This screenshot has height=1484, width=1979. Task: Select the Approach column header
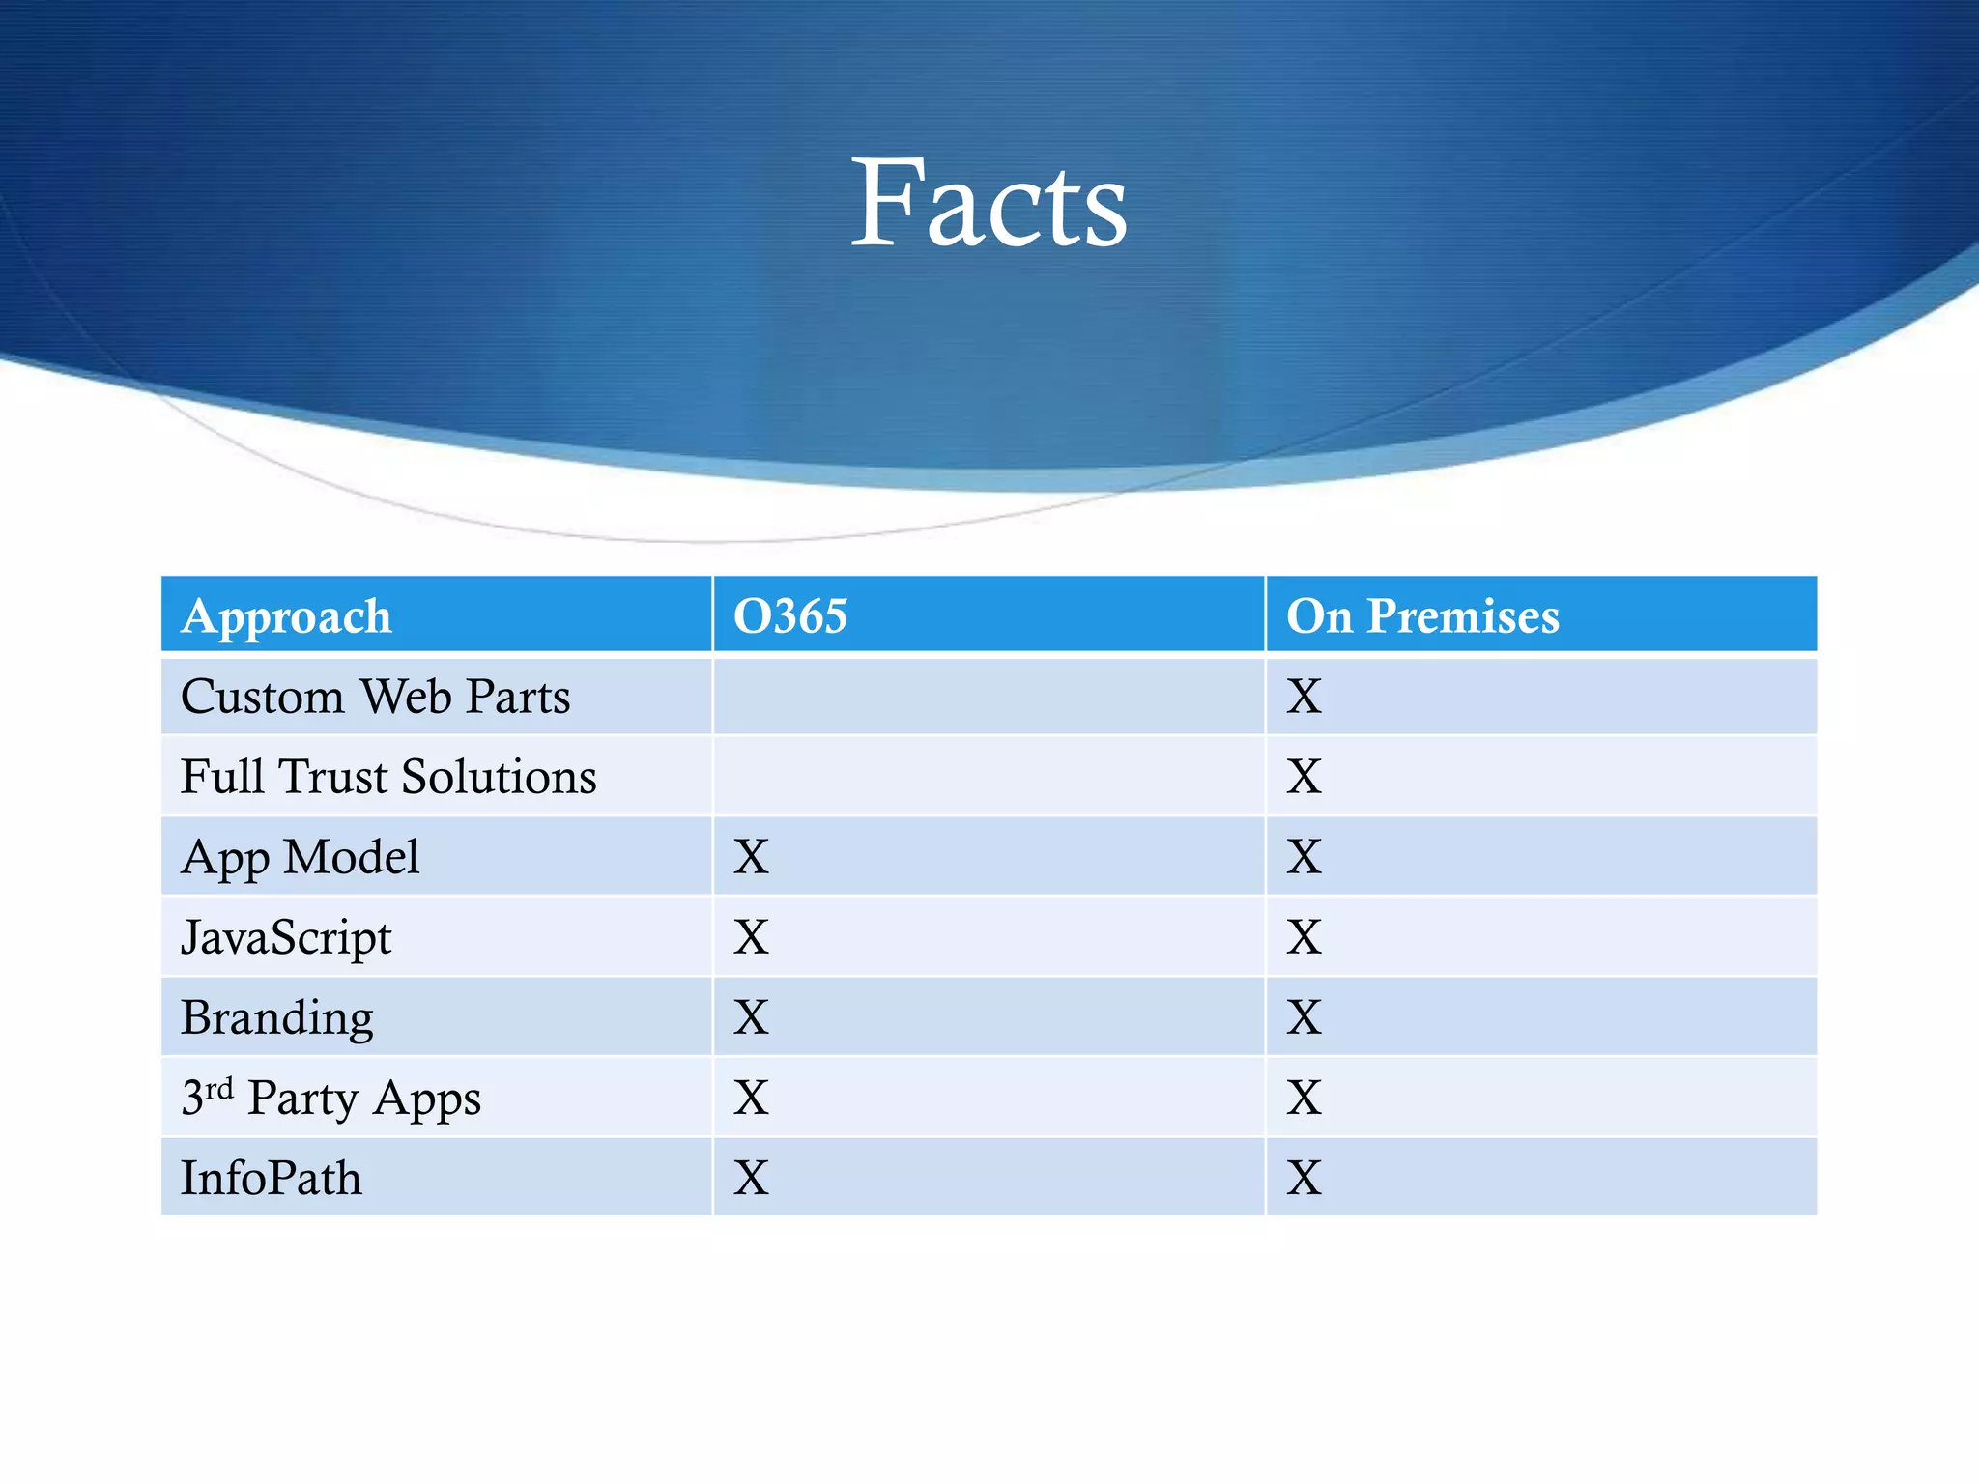287,616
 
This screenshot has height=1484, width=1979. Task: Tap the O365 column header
790,616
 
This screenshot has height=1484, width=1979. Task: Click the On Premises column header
1422,616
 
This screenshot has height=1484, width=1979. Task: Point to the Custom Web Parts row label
375,697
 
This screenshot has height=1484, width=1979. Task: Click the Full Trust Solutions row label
388,777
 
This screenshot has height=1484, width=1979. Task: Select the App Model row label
300,857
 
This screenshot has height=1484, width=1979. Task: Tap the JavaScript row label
286,937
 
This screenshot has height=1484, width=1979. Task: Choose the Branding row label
277,1017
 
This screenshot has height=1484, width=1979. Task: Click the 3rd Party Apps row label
330,1099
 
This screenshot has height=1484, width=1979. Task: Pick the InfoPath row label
272,1179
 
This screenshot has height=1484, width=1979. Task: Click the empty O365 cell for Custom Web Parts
989,697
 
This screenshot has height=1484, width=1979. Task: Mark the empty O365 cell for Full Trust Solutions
989,777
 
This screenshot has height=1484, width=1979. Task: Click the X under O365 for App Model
751,857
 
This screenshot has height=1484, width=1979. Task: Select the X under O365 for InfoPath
751,1179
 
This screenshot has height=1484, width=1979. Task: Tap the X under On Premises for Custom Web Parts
1304,697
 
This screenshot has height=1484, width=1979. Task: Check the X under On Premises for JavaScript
1304,937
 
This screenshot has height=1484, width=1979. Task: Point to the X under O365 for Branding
751,1017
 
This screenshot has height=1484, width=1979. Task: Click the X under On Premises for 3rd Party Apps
1304,1099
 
